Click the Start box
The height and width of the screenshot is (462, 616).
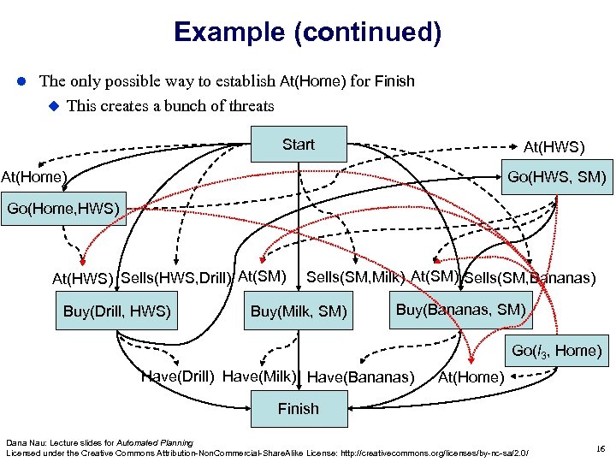pyautogui.click(x=298, y=145)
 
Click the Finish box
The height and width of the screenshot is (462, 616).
pyautogui.click(x=298, y=409)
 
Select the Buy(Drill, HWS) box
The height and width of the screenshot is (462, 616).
pyautogui.click(x=117, y=311)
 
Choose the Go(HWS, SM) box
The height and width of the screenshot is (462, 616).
pyautogui.click(x=556, y=178)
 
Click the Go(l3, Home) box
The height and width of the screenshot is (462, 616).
pyautogui.click(x=556, y=350)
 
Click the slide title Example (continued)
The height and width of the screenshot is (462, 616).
pyautogui.click(x=307, y=33)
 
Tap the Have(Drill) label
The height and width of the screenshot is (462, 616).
pyautogui.click(x=177, y=376)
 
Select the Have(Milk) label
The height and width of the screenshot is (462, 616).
pyautogui.click(x=259, y=376)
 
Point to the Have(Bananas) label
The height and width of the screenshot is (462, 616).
pyautogui.click(x=360, y=376)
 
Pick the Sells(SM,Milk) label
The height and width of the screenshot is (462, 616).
pyautogui.click(x=355, y=276)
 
